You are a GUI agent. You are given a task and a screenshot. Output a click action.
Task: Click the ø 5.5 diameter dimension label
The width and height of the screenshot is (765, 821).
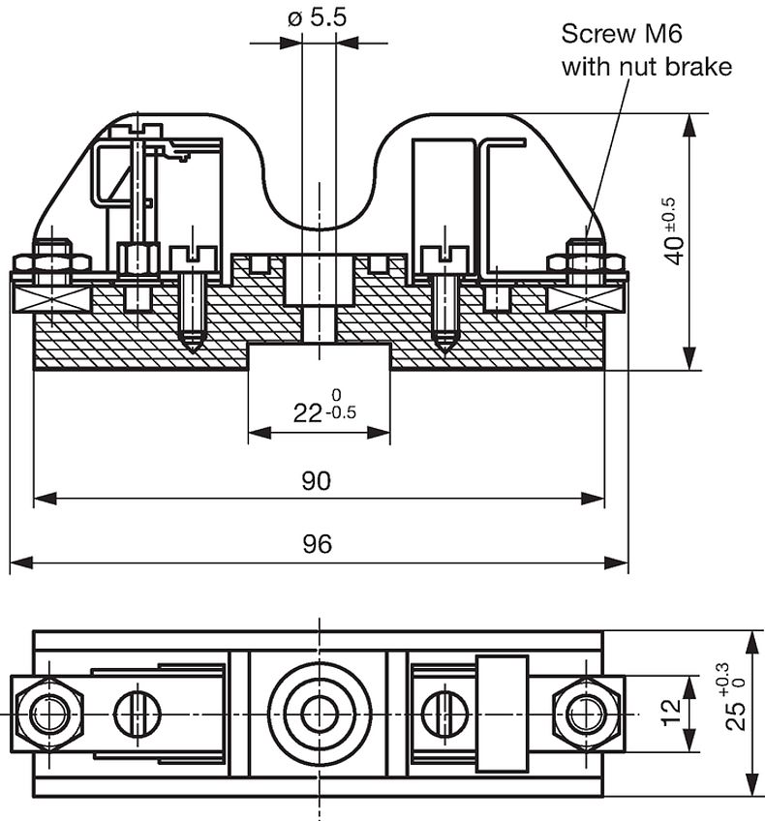point(317,17)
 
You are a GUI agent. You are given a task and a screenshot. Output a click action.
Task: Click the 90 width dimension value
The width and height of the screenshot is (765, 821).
point(317,480)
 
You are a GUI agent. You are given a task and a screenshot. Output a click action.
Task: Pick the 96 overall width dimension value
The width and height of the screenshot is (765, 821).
point(317,544)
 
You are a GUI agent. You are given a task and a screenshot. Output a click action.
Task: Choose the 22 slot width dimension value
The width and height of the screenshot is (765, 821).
point(307,413)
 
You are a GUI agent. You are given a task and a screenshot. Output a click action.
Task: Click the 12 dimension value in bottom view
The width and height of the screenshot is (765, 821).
point(672,713)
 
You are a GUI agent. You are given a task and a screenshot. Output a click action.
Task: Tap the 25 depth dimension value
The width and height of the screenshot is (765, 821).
point(736,715)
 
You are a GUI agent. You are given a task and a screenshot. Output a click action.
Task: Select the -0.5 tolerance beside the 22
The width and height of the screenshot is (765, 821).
point(341,413)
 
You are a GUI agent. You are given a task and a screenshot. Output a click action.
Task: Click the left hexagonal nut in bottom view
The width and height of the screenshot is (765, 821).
point(49,715)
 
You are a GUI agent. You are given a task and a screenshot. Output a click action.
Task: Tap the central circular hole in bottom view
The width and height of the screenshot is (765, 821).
point(319,715)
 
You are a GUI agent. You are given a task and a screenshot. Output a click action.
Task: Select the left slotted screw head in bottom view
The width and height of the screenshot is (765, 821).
point(138,714)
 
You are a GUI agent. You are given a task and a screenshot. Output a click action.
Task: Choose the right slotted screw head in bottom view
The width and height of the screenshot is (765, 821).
point(445,714)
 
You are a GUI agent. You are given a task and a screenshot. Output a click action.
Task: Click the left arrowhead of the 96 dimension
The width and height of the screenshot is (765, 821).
point(21,563)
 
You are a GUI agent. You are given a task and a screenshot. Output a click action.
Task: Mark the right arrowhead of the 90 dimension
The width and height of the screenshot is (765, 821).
point(593,499)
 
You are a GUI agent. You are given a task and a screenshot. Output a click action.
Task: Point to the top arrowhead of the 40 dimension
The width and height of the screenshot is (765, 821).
point(689,126)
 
